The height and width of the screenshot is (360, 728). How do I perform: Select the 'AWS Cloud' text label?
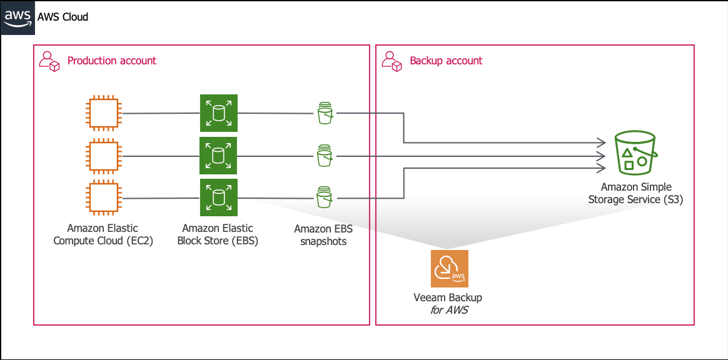coord(63,17)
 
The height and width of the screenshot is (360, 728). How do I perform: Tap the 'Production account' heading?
coord(112,60)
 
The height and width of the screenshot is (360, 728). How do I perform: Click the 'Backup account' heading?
coord(446,60)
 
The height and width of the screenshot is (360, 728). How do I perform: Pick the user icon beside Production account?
coord(49,61)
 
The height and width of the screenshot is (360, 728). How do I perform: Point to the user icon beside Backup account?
coord(391,61)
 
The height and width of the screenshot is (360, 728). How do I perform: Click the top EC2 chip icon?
coord(104,112)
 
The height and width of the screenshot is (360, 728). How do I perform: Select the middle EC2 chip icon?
coord(104,156)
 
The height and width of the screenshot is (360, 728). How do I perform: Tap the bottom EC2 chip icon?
coord(104,198)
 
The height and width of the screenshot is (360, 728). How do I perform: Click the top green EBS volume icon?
coord(219,113)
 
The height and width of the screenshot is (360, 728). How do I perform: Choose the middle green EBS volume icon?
coord(219,156)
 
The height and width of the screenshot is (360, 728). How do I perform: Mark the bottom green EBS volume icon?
coord(219,197)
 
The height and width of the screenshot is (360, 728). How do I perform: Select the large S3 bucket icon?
coord(635,152)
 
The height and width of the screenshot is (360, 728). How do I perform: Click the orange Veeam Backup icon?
coord(450,269)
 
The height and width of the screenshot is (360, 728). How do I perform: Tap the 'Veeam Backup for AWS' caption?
coord(448,303)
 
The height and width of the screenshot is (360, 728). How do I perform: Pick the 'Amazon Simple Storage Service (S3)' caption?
coord(635,194)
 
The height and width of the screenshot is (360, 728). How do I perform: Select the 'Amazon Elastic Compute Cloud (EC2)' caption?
coord(103,235)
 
